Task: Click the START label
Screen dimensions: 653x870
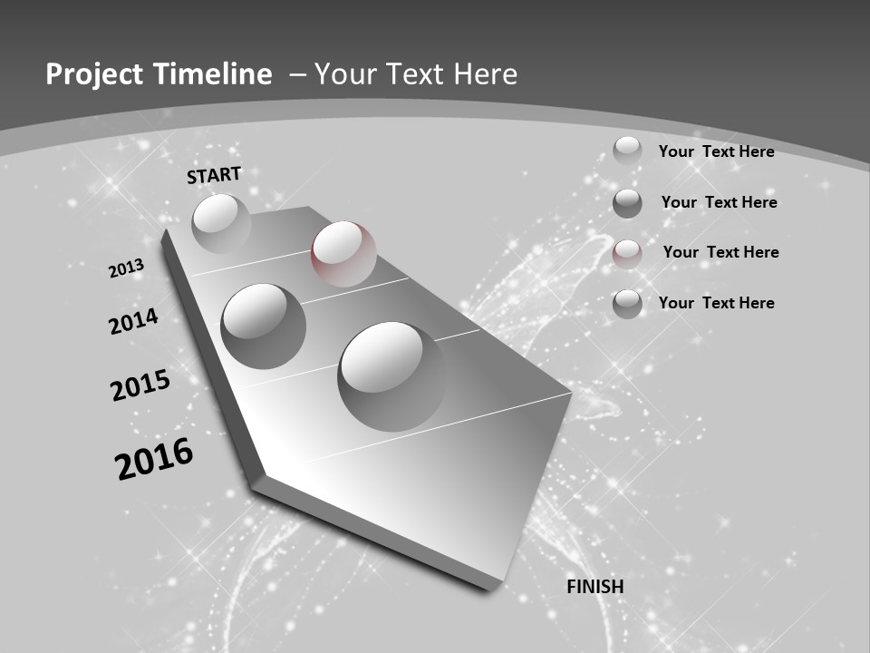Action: [x=214, y=175]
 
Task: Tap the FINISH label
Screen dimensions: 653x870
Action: [x=594, y=587]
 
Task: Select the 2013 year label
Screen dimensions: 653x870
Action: [x=126, y=268]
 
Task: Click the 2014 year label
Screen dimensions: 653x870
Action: [x=134, y=321]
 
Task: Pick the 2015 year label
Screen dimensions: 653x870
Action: [x=140, y=385]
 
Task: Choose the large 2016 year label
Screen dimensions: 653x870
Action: [x=154, y=458]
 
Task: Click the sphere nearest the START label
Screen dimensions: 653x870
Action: [x=221, y=223]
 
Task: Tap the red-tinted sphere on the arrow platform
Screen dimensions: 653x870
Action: [x=343, y=253]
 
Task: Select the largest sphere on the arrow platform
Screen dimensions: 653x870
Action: [x=391, y=375]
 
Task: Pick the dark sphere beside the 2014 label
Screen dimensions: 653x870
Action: [x=263, y=326]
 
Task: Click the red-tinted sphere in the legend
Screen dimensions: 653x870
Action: [x=627, y=253]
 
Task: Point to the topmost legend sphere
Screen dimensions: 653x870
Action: [x=627, y=151]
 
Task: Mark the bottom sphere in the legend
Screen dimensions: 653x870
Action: [x=627, y=304]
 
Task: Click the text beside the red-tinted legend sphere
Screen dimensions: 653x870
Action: [x=720, y=252]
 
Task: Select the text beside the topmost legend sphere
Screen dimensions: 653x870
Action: [x=716, y=151]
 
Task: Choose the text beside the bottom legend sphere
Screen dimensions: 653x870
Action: [x=716, y=303]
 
